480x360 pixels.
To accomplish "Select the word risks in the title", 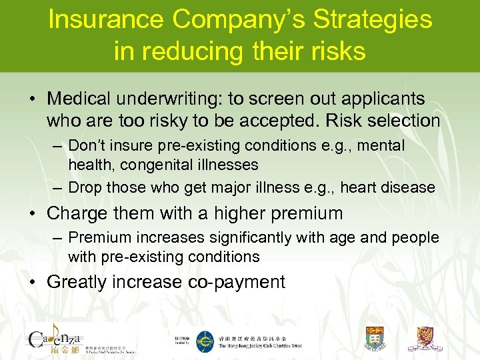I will [335, 51].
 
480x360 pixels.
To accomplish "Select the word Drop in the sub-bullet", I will [85, 188].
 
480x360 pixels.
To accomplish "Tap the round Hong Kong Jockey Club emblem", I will [205, 341].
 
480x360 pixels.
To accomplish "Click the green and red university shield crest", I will [375, 339].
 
